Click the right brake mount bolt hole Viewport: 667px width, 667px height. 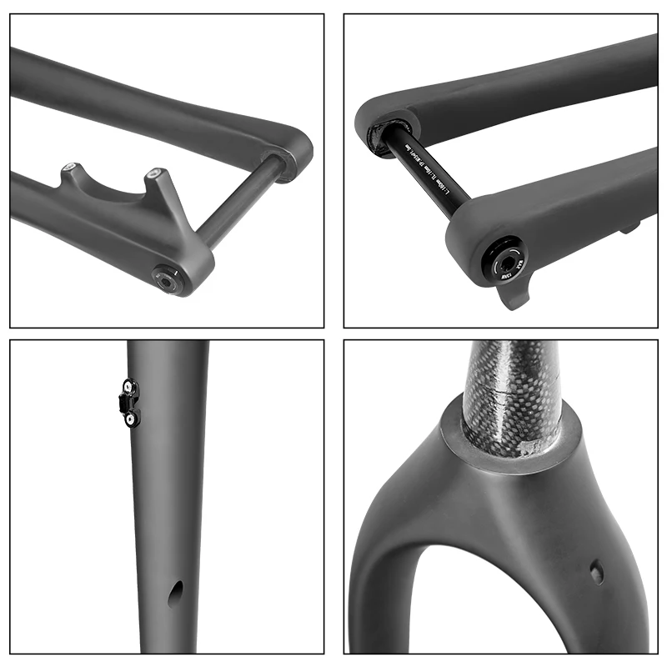153,174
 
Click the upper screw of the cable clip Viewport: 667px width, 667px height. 129,386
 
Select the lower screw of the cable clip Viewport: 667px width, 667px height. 130,419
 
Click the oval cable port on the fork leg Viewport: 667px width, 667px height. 175,594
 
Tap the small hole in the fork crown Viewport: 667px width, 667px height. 596,572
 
